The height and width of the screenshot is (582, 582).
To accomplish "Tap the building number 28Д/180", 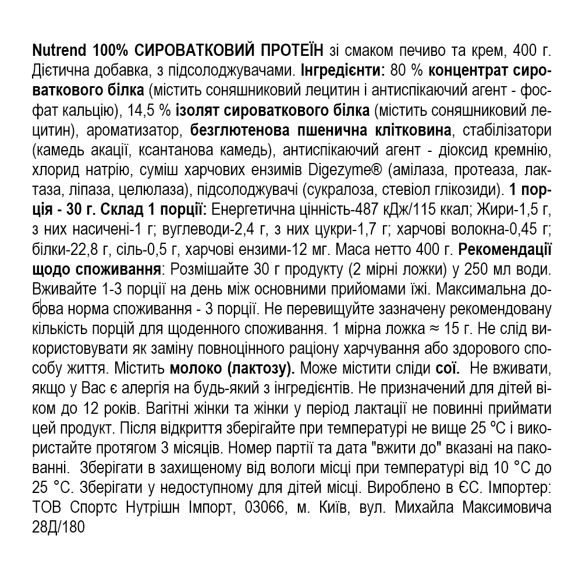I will tap(59, 526).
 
